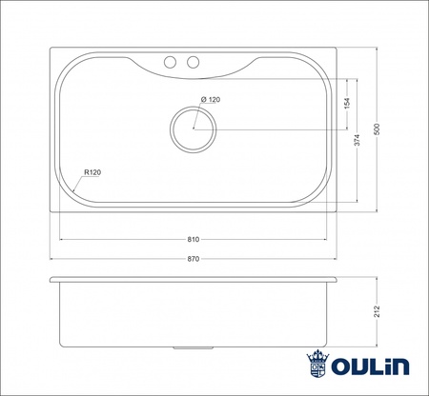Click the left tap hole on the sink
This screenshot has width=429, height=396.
coord(172,63)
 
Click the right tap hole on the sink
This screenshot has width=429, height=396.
coord(194,63)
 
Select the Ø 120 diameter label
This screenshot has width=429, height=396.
coord(210,100)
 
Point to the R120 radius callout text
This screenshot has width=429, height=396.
coord(92,172)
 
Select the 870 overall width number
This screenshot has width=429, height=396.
coord(194,258)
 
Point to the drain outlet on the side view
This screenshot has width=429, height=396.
coord(194,348)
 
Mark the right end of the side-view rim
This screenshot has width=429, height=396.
coord(337,280)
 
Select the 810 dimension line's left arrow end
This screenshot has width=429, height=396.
coord(61,240)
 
